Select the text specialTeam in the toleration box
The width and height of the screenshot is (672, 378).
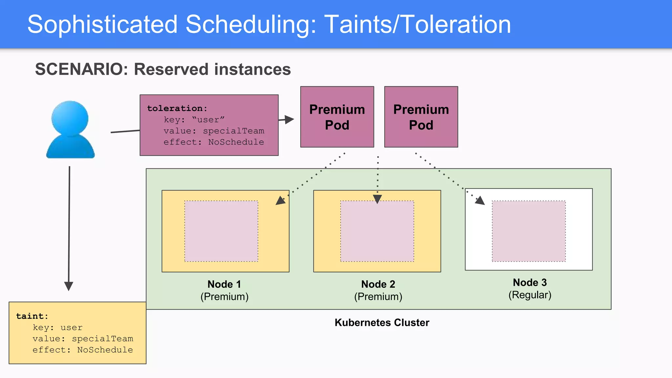point(233,131)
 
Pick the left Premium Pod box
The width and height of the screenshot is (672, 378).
point(337,117)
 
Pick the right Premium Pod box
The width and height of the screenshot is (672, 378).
point(421,117)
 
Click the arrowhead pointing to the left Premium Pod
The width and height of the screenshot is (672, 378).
point(289,119)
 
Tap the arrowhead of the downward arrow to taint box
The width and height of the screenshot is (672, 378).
point(69,286)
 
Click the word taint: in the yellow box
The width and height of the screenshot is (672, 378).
point(32,316)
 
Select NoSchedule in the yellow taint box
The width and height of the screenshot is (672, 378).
point(105,350)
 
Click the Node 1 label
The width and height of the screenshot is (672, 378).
point(224,284)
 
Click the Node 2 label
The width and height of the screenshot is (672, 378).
point(378,284)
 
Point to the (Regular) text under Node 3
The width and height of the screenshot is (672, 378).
point(530,295)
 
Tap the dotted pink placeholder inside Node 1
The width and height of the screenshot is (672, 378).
point(221,231)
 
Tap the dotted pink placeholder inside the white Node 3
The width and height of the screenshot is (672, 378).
point(529,231)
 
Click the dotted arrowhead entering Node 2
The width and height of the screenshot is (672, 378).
point(377,199)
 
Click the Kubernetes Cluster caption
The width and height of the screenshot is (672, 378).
point(382,323)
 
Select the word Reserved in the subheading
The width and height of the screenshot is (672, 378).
point(171,69)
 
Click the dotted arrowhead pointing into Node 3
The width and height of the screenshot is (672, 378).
point(480,200)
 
